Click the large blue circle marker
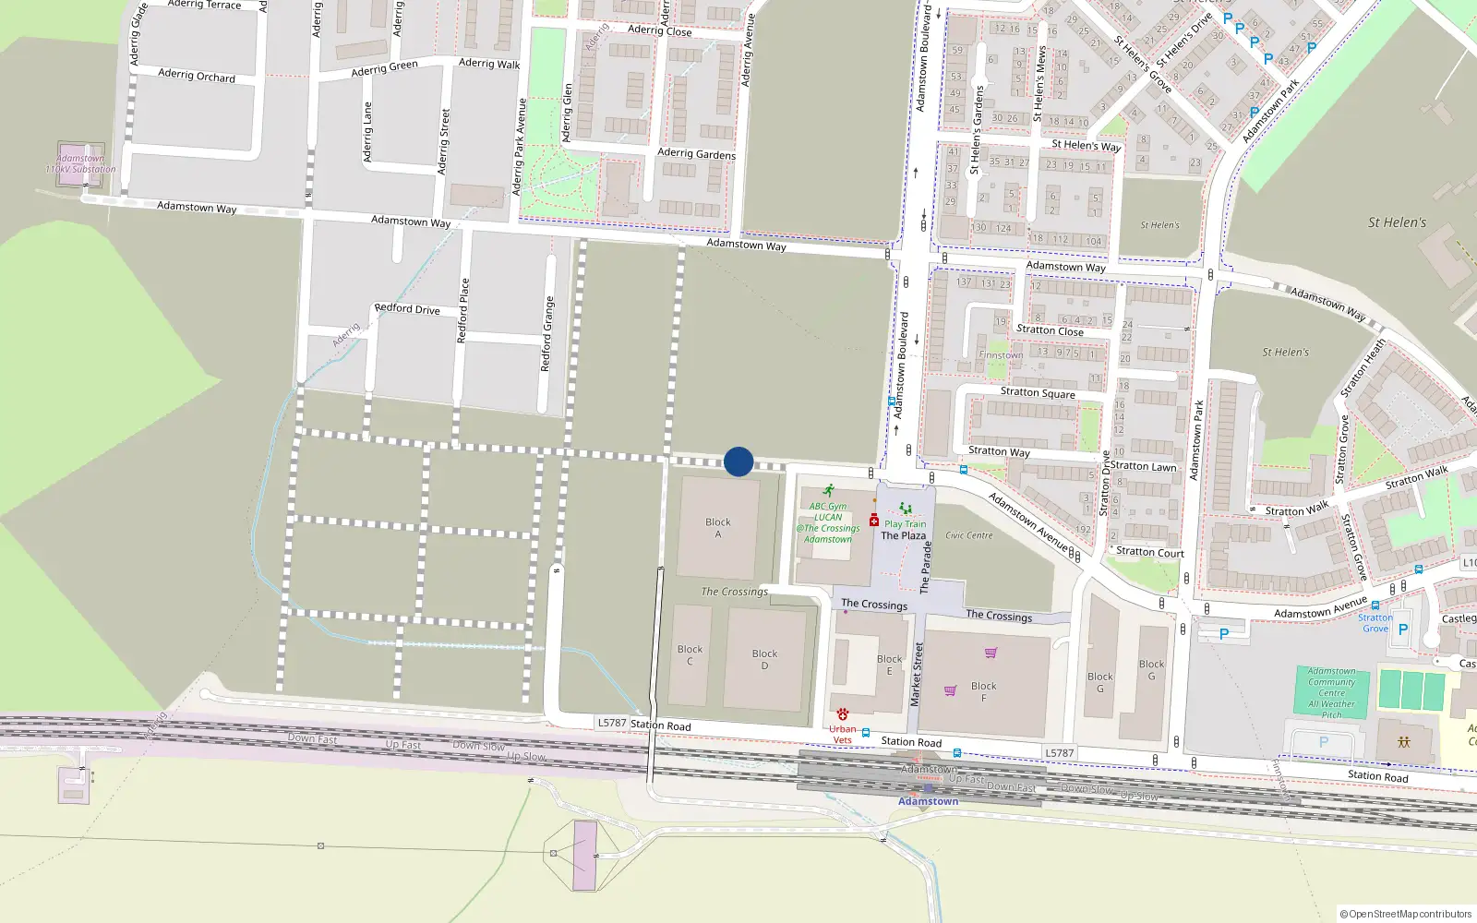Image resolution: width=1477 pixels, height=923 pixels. (738, 461)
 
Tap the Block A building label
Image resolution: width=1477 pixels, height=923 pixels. (718, 528)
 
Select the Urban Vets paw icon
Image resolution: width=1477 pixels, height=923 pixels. (843, 714)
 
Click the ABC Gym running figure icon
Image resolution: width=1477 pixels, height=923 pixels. (829, 490)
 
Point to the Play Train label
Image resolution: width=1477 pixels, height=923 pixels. (905, 523)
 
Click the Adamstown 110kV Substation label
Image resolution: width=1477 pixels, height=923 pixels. (81, 164)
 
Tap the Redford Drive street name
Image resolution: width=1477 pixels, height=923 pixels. (407, 308)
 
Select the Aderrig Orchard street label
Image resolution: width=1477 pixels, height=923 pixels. (197, 75)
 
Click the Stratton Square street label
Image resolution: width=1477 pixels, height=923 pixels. (1038, 392)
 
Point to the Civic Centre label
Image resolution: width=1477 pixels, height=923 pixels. (969, 535)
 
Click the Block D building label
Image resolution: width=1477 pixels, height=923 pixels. (764, 659)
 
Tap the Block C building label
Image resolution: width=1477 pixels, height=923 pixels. (690, 654)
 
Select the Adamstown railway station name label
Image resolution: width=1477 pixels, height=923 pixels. (928, 801)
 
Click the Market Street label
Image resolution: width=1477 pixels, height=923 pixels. (917, 675)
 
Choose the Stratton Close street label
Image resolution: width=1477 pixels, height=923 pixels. (1050, 330)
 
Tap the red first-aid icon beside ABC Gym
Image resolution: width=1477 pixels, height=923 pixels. (873, 521)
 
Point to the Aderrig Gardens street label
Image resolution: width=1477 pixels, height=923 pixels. (696, 153)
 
